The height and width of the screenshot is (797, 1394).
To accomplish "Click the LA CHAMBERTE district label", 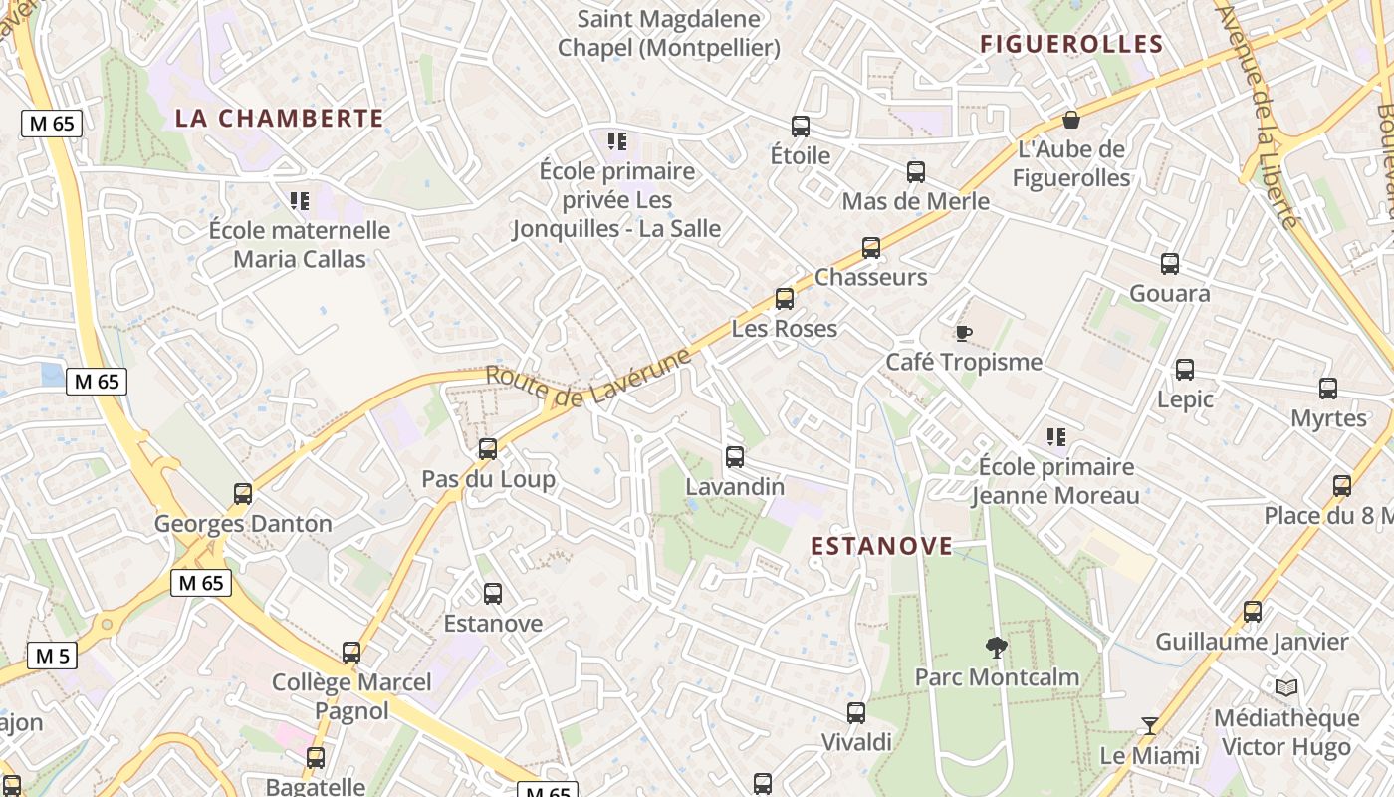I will click(279, 118).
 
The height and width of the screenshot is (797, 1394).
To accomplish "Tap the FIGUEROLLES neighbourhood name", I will click(1071, 44).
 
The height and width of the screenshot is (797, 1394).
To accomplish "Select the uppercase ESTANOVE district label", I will click(881, 546).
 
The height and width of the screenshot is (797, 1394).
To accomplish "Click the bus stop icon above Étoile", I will click(801, 127).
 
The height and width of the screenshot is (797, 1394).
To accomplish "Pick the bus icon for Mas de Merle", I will click(916, 172).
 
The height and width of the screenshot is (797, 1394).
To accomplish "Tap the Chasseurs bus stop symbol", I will click(871, 248).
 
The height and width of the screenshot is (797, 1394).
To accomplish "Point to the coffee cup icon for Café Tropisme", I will click(963, 333).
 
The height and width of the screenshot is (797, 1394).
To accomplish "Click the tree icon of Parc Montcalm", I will click(996, 648).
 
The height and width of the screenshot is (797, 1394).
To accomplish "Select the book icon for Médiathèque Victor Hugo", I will click(1286, 688).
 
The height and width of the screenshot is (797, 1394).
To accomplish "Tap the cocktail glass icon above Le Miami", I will click(1150, 725).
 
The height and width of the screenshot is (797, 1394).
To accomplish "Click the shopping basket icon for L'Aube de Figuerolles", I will click(1071, 120).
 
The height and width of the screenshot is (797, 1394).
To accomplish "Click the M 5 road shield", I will click(52, 656).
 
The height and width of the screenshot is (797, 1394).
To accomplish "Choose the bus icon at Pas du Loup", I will click(488, 449).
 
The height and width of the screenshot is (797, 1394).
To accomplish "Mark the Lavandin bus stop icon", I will click(735, 457).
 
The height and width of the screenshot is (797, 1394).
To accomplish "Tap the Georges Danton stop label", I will click(243, 524).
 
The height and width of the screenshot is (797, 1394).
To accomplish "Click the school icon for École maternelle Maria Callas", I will click(299, 201).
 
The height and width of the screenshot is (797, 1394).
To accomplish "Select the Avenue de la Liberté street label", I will click(1259, 115).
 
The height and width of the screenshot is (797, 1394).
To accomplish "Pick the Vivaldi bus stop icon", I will click(856, 713).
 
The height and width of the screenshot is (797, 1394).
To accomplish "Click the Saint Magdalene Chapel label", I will click(669, 33).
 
